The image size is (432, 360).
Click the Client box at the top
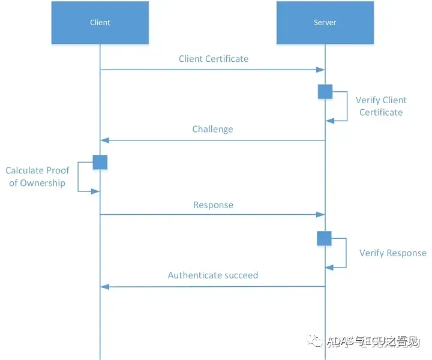coord(100,23)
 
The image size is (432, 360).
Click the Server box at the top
coord(325,23)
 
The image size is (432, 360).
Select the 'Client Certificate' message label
coord(214,59)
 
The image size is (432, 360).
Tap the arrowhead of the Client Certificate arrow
coord(320,70)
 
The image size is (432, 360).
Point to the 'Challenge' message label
coord(212,129)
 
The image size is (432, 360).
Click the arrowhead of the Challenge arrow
coord(104,140)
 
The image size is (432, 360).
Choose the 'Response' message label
coord(213,205)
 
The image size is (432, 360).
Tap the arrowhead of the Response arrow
coord(320,215)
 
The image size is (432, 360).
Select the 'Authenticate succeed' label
coord(213,275)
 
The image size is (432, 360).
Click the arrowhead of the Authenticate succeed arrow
coord(104,287)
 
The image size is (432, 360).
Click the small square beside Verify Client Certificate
coord(325,92)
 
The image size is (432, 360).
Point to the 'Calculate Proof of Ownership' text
coord(37,176)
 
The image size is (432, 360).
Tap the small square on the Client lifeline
coord(100,162)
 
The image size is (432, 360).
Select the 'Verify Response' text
coord(393,253)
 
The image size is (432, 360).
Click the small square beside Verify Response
coord(324,238)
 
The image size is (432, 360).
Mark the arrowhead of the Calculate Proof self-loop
coord(95,191)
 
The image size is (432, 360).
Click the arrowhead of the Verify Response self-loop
coord(330,268)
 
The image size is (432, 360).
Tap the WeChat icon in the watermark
coord(314,341)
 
